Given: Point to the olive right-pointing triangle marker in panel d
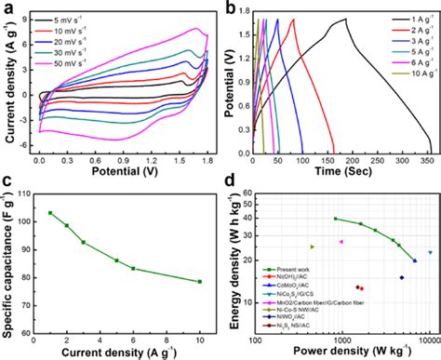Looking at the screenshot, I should (312, 247).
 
